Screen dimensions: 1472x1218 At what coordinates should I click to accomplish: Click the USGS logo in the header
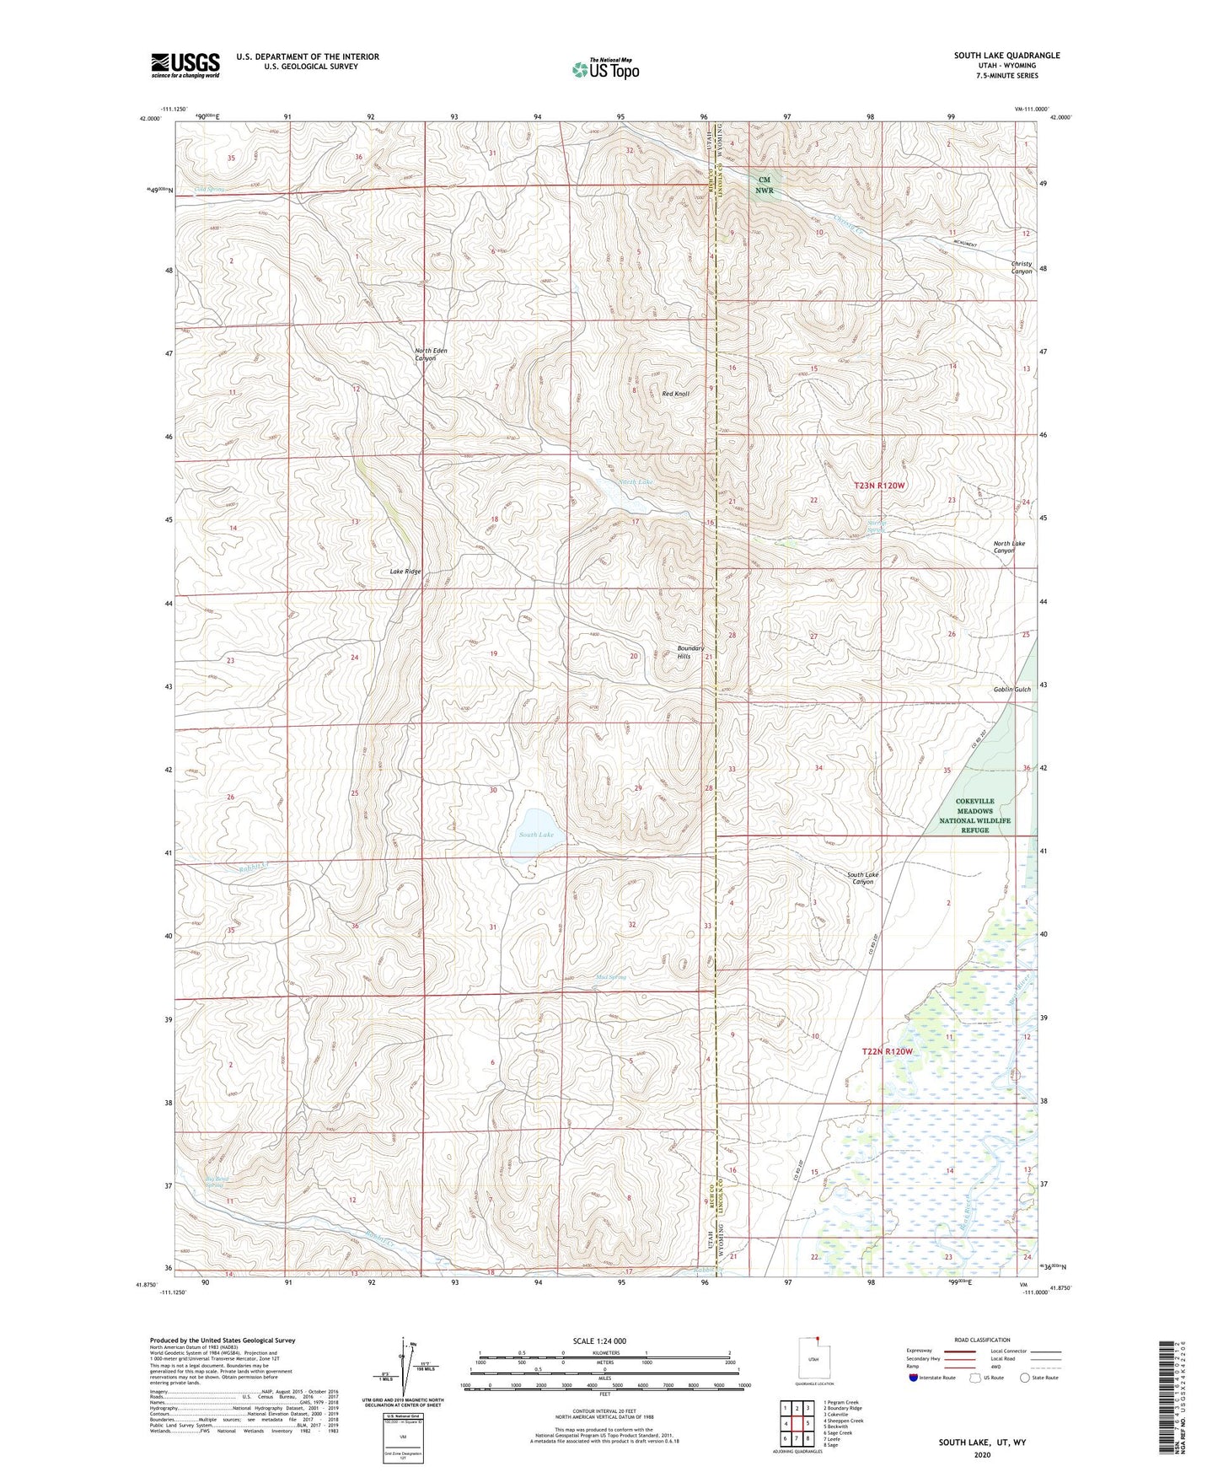(185, 65)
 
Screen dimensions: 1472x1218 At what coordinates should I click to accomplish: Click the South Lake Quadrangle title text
(1006, 56)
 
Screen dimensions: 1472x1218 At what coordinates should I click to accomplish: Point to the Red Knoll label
(675, 394)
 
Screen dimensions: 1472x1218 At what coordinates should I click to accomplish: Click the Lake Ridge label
(405, 572)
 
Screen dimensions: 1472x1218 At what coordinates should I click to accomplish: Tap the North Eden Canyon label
(430, 354)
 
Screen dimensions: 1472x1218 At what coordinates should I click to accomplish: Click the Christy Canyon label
(1021, 267)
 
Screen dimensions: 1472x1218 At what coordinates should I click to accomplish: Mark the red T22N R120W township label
(887, 1051)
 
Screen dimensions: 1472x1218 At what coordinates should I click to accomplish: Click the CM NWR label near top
(765, 185)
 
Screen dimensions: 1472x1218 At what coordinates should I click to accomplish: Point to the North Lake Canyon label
(1009, 546)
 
